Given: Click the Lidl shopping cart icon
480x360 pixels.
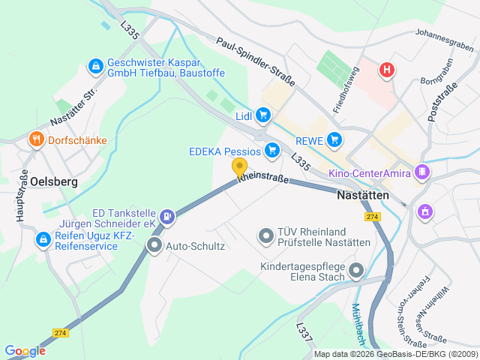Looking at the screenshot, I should click(262, 115).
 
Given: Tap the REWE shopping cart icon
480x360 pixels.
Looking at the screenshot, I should click(334, 139).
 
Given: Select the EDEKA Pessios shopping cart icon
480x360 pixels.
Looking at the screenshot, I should click(273, 151).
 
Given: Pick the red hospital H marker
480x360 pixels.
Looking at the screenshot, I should click(387, 70).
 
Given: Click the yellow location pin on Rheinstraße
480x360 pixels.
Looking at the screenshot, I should click(239, 167).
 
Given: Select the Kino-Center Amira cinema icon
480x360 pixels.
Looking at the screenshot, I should click(423, 174).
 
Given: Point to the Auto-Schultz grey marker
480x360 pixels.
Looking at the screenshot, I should click(154, 245).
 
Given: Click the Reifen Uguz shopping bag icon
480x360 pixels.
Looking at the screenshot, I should click(44, 239).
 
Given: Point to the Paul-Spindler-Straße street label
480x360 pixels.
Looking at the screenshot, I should click(256, 62).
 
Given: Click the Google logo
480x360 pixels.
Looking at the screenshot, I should click(25, 350).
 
